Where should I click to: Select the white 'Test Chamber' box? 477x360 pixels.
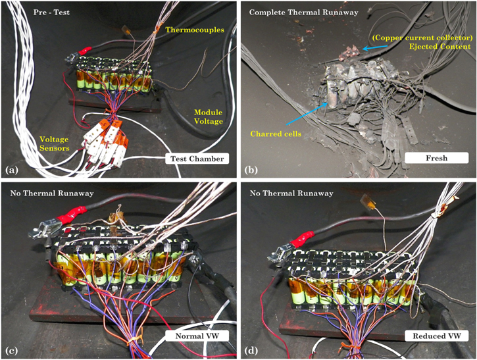coord(195,159)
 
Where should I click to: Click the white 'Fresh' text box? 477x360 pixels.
coord(426,158)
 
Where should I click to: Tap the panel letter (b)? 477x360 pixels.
coord(250,170)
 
